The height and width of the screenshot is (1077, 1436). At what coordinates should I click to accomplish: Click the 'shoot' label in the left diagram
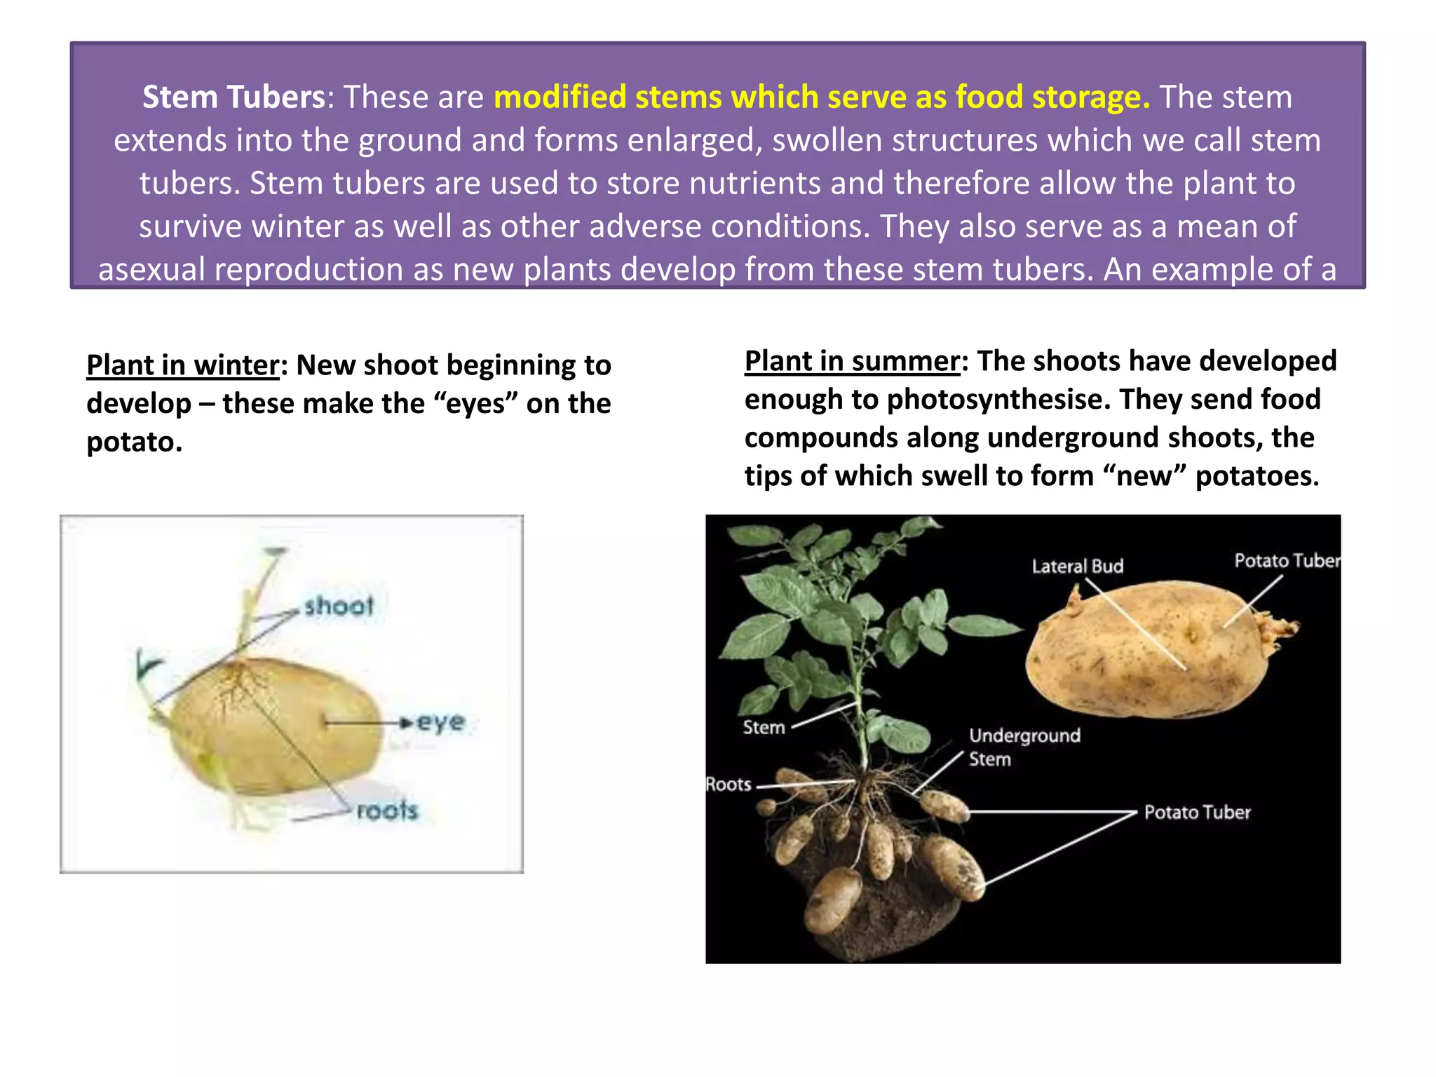click(339, 606)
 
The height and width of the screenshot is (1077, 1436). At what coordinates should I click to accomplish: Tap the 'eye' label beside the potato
click(441, 722)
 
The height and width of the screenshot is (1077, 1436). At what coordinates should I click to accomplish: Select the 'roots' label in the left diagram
click(387, 811)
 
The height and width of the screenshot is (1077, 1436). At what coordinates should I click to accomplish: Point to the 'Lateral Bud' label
click(1077, 567)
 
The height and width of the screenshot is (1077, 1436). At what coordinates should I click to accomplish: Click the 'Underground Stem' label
click(1024, 747)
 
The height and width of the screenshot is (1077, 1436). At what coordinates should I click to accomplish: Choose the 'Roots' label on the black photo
click(729, 785)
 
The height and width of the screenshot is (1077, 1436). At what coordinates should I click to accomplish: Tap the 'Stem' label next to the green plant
click(764, 728)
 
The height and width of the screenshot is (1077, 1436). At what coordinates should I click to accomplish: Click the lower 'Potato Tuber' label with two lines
click(1197, 813)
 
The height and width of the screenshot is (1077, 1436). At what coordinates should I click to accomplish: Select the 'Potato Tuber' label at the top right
click(1287, 561)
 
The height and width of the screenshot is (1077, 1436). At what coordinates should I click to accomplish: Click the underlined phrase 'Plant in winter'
click(182, 365)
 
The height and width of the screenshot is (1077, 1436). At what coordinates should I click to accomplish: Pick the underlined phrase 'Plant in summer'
click(851, 361)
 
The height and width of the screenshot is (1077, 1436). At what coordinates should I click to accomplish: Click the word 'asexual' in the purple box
click(151, 269)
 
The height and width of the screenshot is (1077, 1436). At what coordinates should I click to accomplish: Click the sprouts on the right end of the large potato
click(1280, 626)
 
